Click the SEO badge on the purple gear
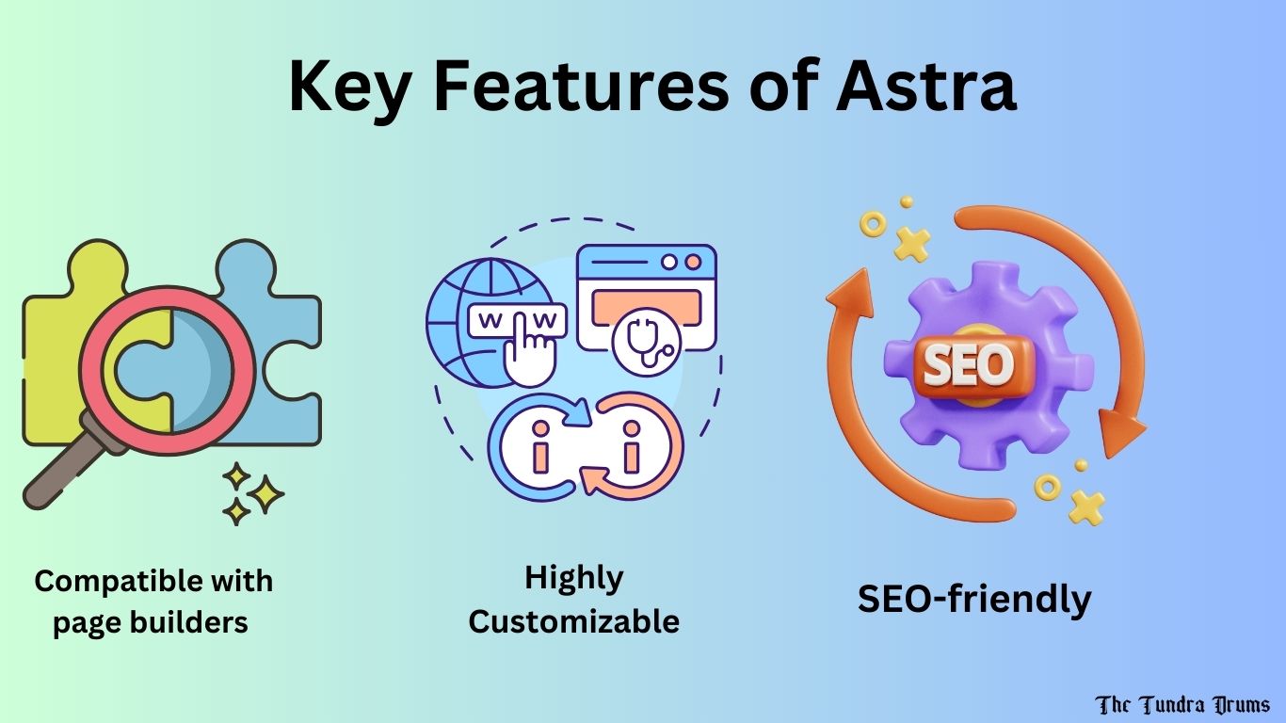(x=968, y=363)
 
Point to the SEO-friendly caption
(x=973, y=599)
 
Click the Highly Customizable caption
(x=573, y=599)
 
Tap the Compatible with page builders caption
(x=153, y=601)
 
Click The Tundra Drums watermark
(x=1182, y=704)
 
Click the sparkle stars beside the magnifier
(x=253, y=494)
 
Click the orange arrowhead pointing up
(x=844, y=287)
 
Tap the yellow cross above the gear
(x=911, y=243)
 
